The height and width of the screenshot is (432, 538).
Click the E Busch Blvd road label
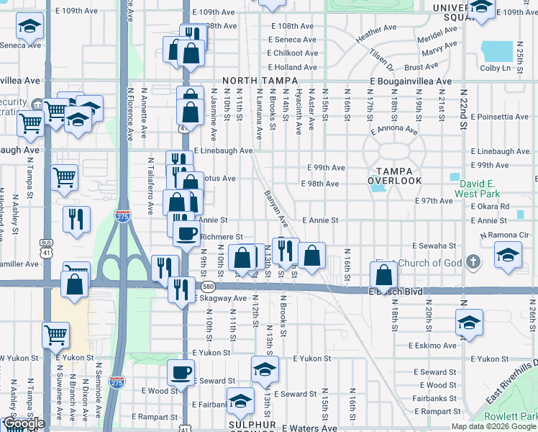coord(395,292)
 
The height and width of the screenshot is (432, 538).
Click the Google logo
coord(24,423)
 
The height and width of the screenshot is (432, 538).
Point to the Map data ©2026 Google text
coord(493,426)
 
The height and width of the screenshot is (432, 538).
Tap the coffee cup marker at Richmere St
coord(187,233)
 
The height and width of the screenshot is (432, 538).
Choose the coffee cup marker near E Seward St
coord(181,372)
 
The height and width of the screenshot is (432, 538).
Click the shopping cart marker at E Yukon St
coord(56,334)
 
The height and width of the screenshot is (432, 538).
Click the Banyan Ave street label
coord(276,207)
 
